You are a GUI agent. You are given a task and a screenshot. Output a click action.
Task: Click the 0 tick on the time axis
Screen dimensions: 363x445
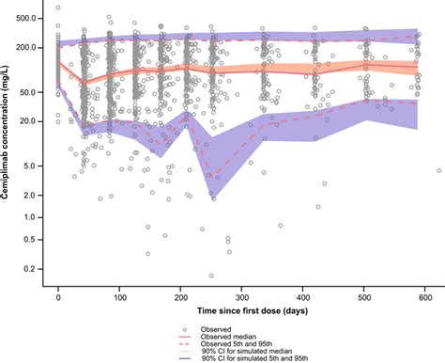pyautogui.click(x=58, y=296)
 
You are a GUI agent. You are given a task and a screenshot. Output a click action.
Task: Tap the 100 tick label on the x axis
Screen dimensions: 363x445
pyautogui.click(x=119, y=296)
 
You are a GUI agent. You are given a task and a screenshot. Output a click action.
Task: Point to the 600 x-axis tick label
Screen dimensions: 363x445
pyautogui.click(x=424, y=296)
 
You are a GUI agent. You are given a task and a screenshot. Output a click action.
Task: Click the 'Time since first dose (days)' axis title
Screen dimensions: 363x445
pyautogui.click(x=242, y=309)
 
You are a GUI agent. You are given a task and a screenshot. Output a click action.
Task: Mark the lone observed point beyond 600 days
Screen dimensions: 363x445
pyautogui.click(x=438, y=170)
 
